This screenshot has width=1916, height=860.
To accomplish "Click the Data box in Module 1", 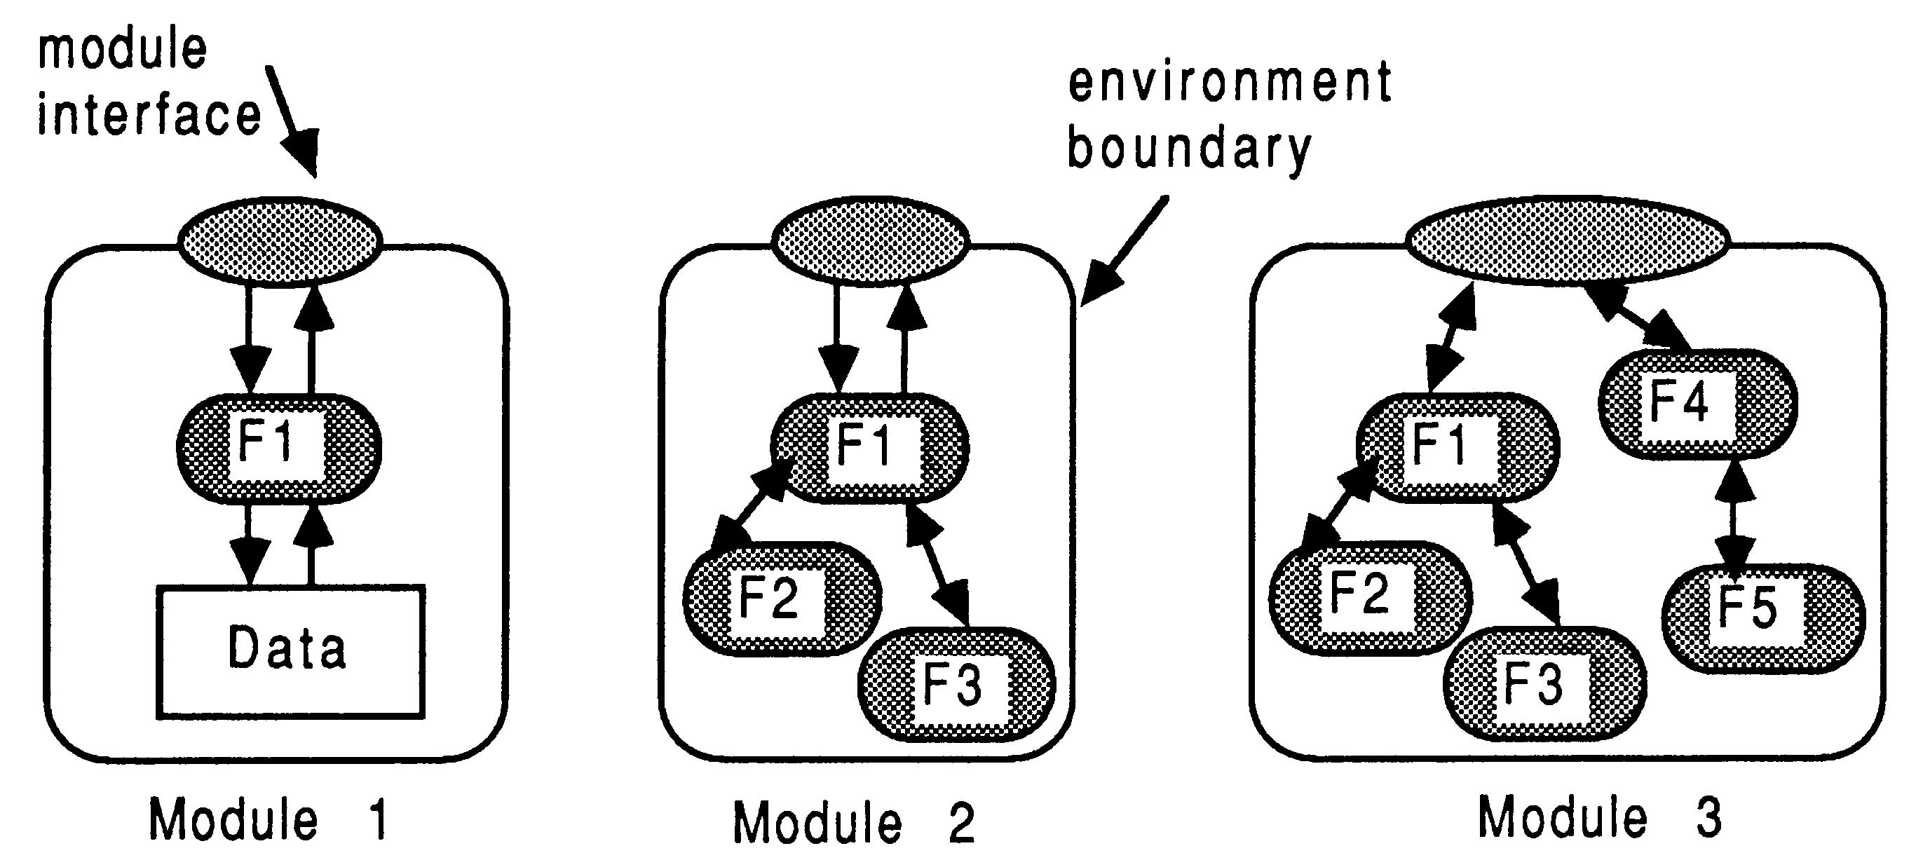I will click(290, 650).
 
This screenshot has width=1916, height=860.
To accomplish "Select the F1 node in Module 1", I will click(279, 447).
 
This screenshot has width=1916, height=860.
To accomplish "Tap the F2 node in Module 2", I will click(781, 599).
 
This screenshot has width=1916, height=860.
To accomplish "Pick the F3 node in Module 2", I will click(956, 684).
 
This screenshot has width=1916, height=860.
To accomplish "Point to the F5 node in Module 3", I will click(1762, 618).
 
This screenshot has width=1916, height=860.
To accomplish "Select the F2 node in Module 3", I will click(1368, 596).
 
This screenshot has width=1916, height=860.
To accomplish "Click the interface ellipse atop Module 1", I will click(280, 241).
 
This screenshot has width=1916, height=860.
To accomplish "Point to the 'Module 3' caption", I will click(1599, 818).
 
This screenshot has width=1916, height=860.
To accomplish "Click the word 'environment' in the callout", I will click(1229, 83).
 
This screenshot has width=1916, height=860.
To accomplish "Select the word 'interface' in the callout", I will click(149, 116).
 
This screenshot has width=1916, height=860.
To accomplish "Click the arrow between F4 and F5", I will click(1733, 513).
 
